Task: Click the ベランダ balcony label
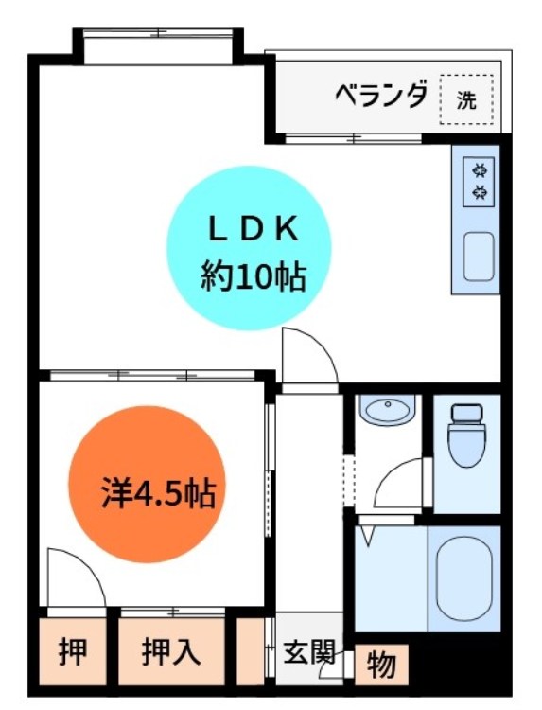[x=381, y=96]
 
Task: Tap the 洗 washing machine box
[x=466, y=98]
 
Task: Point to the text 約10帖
[x=253, y=275]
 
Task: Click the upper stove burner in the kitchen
[x=480, y=171]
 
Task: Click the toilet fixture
[x=465, y=436]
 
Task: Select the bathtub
[x=464, y=577]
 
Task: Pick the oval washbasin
[x=388, y=410]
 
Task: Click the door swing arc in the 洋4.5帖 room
[x=76, y=577]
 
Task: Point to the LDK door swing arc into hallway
[x=308, y=355]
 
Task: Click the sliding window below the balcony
[x=353, y=140]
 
